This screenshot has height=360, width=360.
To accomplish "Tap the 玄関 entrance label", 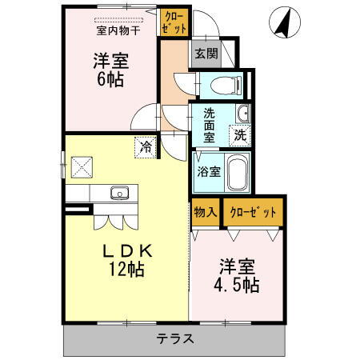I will [x=205, y=54].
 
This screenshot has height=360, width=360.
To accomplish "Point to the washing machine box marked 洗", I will [x=240, y=135].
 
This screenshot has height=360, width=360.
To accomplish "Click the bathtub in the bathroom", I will [x=238, y=172].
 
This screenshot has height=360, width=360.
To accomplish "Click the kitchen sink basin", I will [x=120, y=193].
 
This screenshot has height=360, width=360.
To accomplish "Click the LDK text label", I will [x=126, y=251].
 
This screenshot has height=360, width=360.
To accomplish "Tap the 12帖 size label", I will [x=126, y=270].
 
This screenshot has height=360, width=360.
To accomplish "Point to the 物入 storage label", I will [x=205, y=212].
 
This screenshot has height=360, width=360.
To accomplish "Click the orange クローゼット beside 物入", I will [x=253, y=212].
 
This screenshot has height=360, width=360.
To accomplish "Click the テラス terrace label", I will [x=175, y=338].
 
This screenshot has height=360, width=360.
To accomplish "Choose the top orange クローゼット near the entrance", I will [x=173, y=22].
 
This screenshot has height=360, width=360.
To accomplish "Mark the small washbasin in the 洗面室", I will [x=241, y=112].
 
